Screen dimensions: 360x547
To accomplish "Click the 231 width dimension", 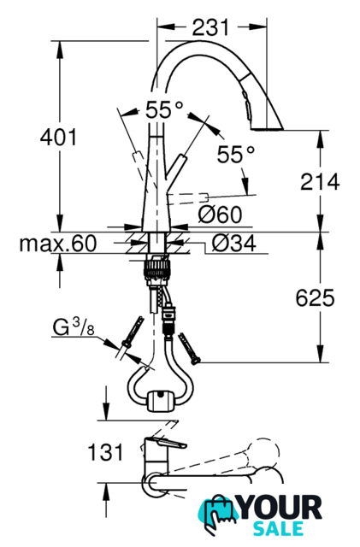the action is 210,28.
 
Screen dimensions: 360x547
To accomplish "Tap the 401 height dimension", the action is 58,137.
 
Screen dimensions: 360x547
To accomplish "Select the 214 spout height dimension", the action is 320,181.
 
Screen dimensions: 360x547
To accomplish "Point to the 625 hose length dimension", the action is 315,298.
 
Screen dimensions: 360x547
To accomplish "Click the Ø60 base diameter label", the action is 220,215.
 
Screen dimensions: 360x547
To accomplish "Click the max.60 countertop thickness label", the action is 58,243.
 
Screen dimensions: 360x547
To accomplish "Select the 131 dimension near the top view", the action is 105,452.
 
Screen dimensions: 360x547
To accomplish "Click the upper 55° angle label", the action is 164,109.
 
